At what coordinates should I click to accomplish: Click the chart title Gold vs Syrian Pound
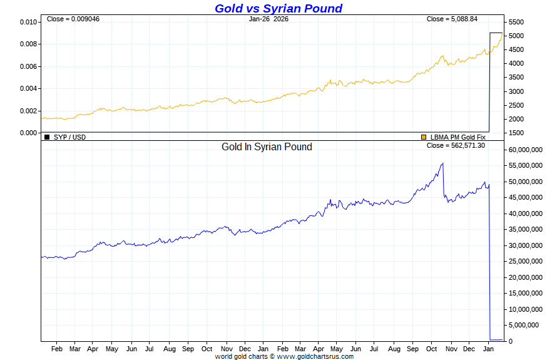[x=278, y=9]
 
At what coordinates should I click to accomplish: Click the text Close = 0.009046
[x=73, y=19]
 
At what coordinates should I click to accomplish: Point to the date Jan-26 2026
[x=268, y=19]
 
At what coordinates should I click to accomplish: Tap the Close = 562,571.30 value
[x=456, y=145]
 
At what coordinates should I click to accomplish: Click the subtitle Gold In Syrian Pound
[x=267, y=147]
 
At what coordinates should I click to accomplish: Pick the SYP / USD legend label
[x=69, y=136]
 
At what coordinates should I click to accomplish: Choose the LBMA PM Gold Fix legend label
[x=457, y=136]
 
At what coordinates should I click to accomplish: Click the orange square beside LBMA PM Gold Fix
[x=424, y=136]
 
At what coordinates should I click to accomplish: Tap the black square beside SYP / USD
[x=46, y=136]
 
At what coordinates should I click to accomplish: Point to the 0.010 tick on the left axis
[x=29, y=22]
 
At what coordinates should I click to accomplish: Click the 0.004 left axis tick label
[x=29, y=88]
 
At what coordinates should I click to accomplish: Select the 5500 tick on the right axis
[x=516, y=22]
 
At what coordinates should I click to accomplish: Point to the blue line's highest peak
[x=442, y=163]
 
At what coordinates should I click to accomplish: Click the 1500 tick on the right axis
[x=516, y=133]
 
